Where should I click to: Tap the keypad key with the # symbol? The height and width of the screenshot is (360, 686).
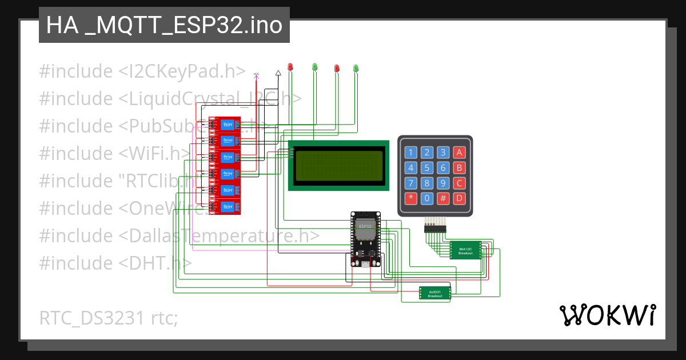[443, 199]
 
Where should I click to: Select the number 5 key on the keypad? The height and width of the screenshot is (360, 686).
[427, 168]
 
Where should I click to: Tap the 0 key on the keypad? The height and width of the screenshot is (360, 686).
[427, 199]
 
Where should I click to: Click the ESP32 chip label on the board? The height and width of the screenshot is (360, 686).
[365, 226]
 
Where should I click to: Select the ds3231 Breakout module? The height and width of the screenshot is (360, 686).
[435, 293]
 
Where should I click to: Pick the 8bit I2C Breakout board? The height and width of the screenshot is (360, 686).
[465, 250]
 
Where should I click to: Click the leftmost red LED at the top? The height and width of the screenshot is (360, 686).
[290, 67]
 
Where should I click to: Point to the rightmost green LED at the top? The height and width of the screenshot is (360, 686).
[356, 68]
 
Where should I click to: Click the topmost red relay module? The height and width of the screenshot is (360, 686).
[225, 124]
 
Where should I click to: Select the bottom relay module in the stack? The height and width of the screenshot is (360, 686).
[225, 206]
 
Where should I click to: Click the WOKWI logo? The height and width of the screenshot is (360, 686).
[607, 315]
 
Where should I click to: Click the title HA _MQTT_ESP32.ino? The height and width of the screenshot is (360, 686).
[164, 25]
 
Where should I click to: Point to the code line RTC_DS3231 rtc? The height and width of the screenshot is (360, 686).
[109, 318]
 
